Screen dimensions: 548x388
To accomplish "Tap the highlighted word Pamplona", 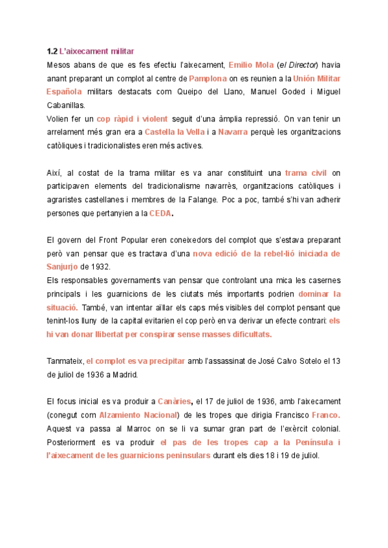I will (x=208, y=78).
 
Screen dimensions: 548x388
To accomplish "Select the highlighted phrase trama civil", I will (x=305, y=173).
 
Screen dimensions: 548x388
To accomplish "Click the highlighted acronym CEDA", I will (x=160, y=213).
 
